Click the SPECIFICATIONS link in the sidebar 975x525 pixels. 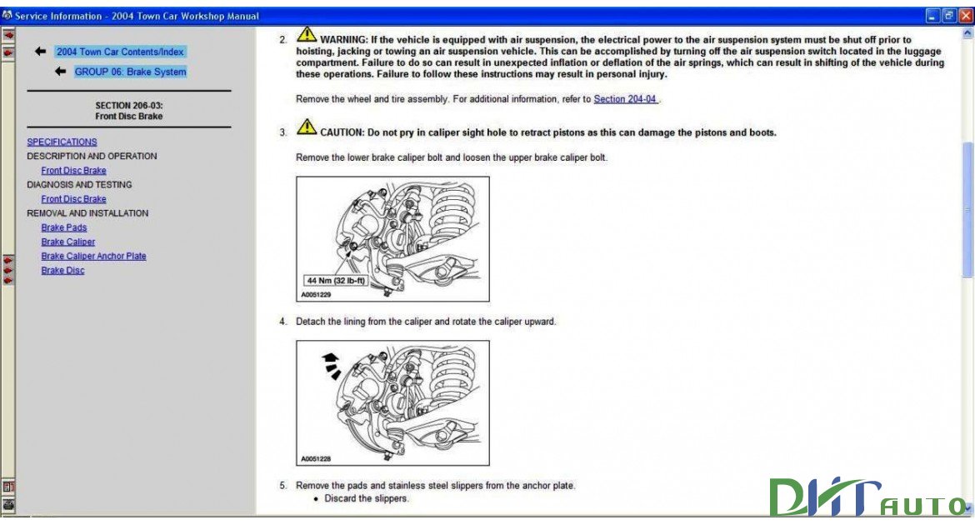[x=62, y=142]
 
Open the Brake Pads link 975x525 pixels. [x=64, y=227]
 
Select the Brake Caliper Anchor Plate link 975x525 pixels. [x=93, y=257]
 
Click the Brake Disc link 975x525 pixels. [x=62, y=271]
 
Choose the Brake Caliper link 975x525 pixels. [x=68, y=242]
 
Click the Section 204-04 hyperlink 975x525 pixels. [x=625, y=99]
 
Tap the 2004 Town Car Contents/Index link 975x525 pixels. [x=119, y=52]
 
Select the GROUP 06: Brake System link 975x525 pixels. [x=130, y=72]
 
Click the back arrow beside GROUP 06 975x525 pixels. [x=60, y=72]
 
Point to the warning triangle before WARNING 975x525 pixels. [x=307, y=36]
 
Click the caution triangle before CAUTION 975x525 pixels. [x=307, y=128]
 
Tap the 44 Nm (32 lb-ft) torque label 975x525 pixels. [x=336, y=281]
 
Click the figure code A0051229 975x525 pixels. [x=316, y=295]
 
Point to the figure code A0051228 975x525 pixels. [x=316, y=459]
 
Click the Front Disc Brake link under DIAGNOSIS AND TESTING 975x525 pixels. [x=73, y=200]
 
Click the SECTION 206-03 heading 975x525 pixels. [x=128, y=111]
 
